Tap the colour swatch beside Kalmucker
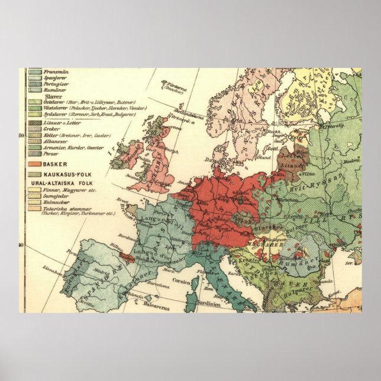point(33,202)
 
